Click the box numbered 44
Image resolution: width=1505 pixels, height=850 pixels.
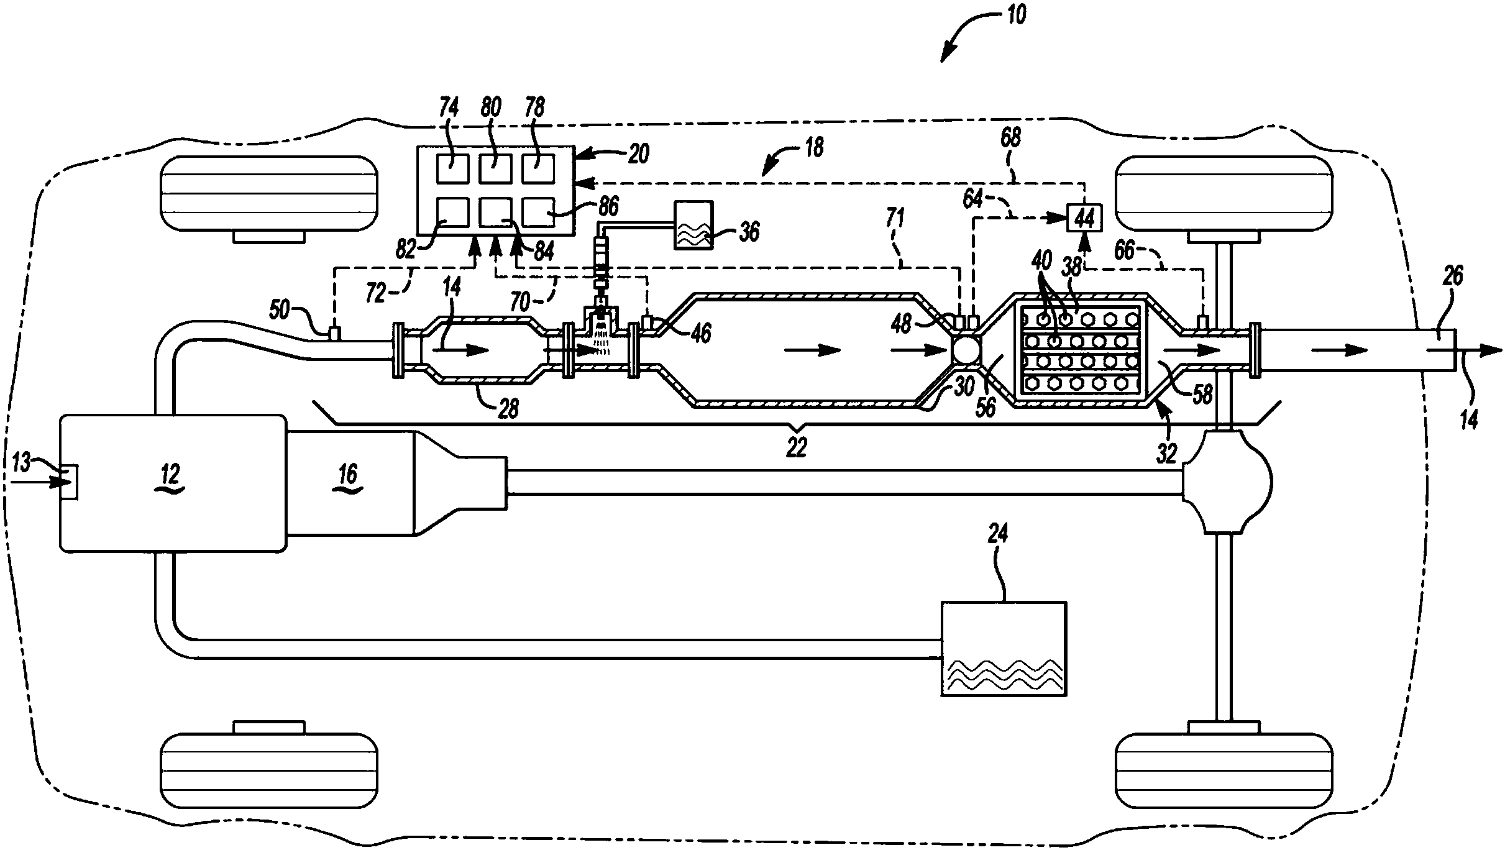[x=1084, y=217]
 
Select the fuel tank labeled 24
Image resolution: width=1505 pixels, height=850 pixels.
[x=1004, y=649]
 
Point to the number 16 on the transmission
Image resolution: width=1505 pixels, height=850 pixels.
[x=348, y=475]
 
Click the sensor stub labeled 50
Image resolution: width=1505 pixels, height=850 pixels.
[x=334, y=334]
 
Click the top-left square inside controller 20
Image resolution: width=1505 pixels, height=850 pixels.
[x=452, y=168]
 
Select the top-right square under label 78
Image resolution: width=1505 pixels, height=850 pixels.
[x=537, y=168]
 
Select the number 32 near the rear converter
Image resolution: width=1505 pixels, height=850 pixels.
[x=1167, y=454]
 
